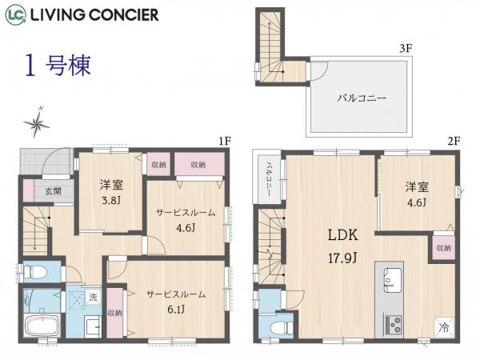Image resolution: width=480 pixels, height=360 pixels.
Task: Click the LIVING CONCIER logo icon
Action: [x=15, y=14]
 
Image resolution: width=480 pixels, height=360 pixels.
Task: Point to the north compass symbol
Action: [x=37, y=121]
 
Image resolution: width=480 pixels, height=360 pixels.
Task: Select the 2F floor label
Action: [x=454, y=141]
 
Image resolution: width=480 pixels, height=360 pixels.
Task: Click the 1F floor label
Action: [x=225, y=141]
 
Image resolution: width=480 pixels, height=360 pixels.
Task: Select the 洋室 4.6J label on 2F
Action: [x=417, y=193]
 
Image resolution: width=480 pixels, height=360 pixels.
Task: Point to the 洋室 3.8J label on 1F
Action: [x=111, y=191]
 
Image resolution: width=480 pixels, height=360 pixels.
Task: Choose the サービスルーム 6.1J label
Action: [x=176, y=301]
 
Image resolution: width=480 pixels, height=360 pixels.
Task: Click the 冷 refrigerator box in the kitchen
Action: [x=443, y=326]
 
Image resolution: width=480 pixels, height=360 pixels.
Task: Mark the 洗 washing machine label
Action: [x=92, y=297]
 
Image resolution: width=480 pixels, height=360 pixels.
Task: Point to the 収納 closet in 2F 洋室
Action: [x=443, y=248]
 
